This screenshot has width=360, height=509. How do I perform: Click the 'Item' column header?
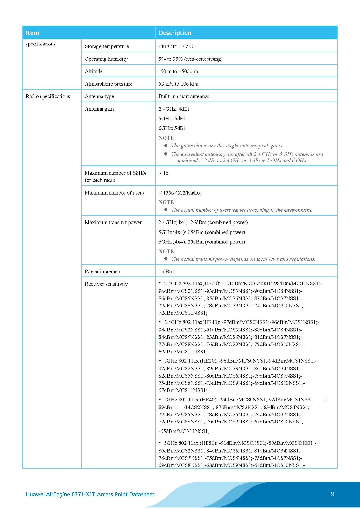(32, 33)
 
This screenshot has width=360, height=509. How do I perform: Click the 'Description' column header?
(175, 33)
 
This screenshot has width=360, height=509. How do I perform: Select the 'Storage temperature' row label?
(107, 46)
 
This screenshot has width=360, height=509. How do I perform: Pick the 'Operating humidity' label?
(106, 59)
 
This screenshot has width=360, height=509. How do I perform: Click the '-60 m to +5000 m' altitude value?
(178, 71)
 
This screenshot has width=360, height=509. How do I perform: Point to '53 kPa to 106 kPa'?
(178, 84)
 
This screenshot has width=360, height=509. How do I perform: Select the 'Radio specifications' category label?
(48, 96)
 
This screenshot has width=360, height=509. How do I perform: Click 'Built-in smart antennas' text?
(184, 96)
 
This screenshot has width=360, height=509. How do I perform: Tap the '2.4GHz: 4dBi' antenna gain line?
(174, 109)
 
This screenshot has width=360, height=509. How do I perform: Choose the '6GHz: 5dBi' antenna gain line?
(172, 128)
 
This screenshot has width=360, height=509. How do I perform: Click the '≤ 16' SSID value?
(164, 173)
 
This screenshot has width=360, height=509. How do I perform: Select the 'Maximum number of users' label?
(114, 193)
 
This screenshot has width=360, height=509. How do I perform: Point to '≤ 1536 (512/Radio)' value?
(180, 193)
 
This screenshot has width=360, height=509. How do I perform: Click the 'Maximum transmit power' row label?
(113, 222)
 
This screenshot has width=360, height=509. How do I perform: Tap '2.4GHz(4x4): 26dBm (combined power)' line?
(203, 222)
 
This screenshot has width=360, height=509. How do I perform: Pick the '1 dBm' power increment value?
(166, 271)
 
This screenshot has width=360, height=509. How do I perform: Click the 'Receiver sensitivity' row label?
(106, 284)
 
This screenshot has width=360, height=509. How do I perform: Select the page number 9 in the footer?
(332, 494)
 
